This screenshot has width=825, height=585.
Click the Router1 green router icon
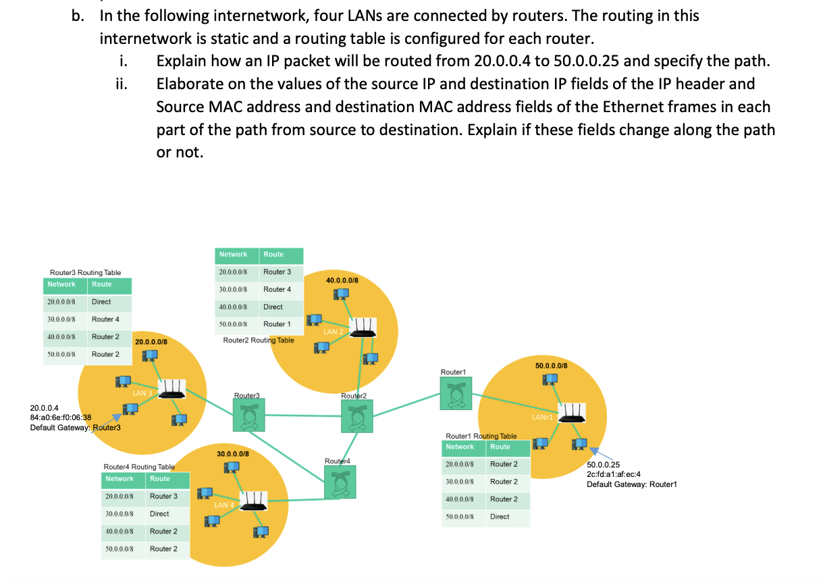pyautogui.click(x=456, y=393)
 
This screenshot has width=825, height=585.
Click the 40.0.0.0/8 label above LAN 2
pyautogui.click(x=342, y=280)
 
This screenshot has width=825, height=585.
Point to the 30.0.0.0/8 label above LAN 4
pyautogui.click(x=233, y=453)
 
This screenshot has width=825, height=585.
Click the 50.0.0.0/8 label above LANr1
pyautogui.click(x=551, y=365)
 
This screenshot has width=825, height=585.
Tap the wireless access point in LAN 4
pyautogui.click(x=252, y=501)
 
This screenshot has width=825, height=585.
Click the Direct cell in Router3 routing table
pyautogui.click(x=101, y=302)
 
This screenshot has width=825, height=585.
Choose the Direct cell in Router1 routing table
pyautogui.click(x=500, y=517)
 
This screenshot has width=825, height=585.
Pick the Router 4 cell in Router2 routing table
pyautogui.click(x=277, y=289)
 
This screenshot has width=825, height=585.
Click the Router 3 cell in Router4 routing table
pyautogui.click(x=163, y=496)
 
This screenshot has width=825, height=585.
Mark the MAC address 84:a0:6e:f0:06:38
pyautogui.click(x=61, y=418)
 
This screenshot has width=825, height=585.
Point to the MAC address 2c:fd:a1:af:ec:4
pyautogui.click(x=613, y=474)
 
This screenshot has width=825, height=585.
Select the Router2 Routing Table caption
pyautogui.click(x=259, y=340)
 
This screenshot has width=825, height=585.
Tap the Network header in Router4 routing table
pyautogui.click(x=119, y=479)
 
